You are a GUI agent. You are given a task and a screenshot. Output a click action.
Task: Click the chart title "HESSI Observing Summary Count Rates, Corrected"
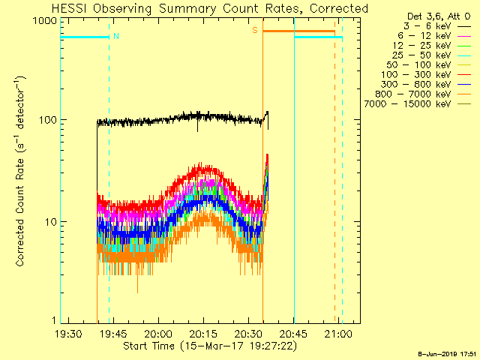click(210, 9)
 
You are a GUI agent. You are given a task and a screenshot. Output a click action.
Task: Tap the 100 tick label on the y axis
click(48, 120)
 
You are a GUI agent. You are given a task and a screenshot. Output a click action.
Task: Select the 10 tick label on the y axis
click(51, 222)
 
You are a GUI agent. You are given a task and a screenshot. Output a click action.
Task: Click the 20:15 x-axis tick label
click(203, 334)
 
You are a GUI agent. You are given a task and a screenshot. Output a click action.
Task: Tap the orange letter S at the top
click(255, 31)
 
